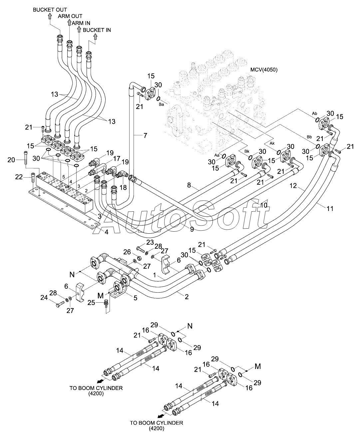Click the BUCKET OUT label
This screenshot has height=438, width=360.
50,10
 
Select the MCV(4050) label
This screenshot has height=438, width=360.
264,70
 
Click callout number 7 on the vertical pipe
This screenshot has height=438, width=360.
145,135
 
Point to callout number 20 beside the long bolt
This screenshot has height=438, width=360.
11,160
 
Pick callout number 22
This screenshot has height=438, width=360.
19,177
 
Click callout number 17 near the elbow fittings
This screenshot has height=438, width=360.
117,158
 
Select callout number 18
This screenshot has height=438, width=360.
123,187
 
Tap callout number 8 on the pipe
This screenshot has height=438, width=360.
189,185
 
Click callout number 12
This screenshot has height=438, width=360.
293,186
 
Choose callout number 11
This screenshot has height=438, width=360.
330,209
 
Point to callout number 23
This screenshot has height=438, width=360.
150,242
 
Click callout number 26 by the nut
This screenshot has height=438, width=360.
127,252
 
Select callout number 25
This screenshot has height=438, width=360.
91,303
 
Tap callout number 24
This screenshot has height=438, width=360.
44,298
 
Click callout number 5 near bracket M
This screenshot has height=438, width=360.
135,298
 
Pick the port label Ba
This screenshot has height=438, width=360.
161,104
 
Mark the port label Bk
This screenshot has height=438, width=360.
247,151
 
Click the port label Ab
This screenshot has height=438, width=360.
315,113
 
